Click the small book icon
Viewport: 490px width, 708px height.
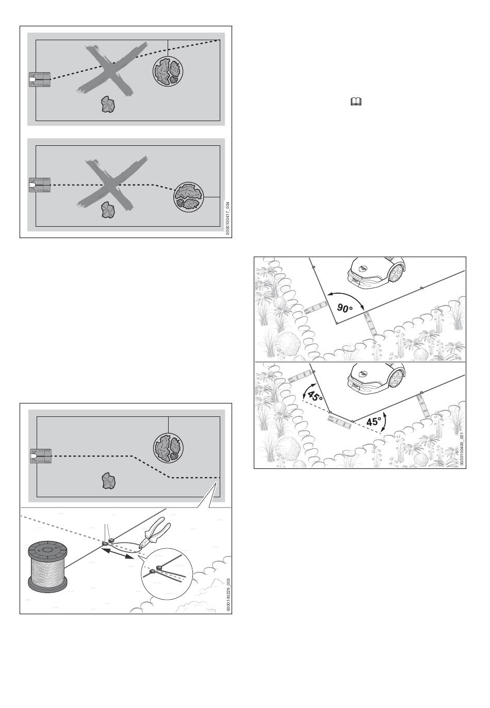(355, 103)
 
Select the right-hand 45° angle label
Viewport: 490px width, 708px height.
(373, 422)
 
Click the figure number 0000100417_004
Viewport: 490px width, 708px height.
(227, 218)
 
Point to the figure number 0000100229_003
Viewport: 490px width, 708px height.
(227, 595)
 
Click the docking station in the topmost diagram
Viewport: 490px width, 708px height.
(40, 80)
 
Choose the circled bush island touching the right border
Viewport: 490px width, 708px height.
(189, 196)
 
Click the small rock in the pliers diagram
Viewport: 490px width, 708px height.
(108, 481)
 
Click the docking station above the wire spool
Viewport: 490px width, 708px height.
(40, 456)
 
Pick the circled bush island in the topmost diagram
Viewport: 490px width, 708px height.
(168, 71)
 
